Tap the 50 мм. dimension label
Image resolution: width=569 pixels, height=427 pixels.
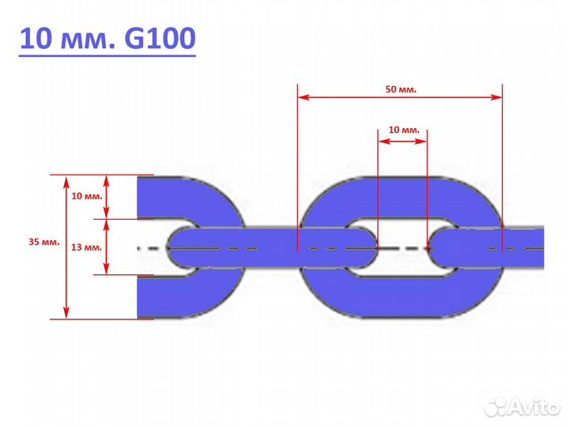[401, 89]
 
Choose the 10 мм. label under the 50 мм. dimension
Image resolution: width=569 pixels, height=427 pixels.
[404, 129]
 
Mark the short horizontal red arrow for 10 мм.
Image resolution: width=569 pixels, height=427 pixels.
[403, 142]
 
